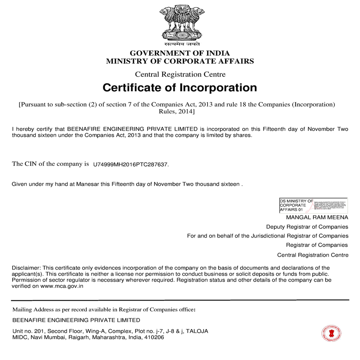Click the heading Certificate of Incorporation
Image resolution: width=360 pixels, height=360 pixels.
[x=180, y=88]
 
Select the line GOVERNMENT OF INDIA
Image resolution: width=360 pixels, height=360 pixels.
[x=180, y=53]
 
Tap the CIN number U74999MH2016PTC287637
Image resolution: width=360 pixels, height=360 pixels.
[x=130, y=165]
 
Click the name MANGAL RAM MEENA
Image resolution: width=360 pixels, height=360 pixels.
[x=317, y=217]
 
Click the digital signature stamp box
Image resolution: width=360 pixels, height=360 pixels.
[x=313, y=204]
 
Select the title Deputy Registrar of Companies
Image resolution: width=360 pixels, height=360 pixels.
[x=307, y=227]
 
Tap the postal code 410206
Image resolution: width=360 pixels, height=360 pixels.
[x=154, y=338]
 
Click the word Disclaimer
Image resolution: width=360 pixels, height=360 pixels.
[x=26, y=268]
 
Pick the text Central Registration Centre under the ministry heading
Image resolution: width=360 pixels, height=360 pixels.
[x=180, y=75]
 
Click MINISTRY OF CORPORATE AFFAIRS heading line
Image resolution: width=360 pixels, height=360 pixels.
[x=180, y=61]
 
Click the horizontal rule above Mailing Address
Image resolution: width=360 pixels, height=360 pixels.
[x=180, y=300]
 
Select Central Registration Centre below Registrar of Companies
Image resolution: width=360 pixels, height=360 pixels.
[x=312, y=255]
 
